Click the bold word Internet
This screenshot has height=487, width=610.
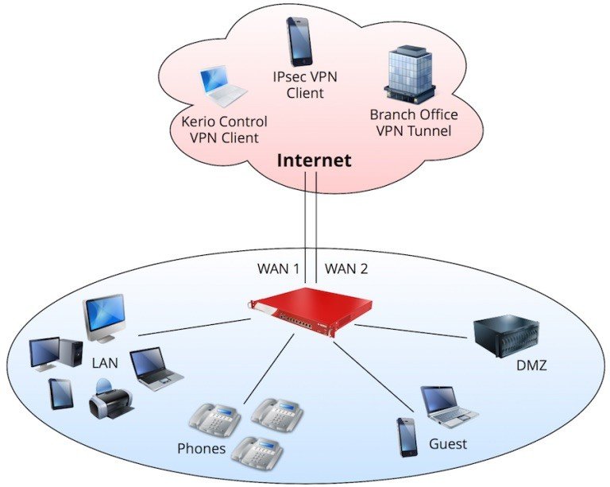click(x=314, y=161)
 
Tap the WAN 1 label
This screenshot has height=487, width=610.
click(x=277, y=269)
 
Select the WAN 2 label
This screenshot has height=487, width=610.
click(x=347, y=269)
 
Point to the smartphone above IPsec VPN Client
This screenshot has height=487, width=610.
click(x=300, y=41)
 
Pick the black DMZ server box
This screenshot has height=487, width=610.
click(x=505, y=337)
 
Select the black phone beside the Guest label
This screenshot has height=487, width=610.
click(x=407, y=436)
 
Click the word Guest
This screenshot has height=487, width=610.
click(x=447, y=443)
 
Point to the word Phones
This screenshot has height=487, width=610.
click(x=202, y=449)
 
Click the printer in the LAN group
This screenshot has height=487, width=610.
click(x=108, y=399)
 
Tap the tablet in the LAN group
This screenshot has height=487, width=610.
click(x=61, y=393)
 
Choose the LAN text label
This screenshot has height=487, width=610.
click(x=104, y=363)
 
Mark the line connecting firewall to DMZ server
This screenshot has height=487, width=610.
click(x=413, y=330)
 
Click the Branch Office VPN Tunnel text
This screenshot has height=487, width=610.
click(x=414, y=122)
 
